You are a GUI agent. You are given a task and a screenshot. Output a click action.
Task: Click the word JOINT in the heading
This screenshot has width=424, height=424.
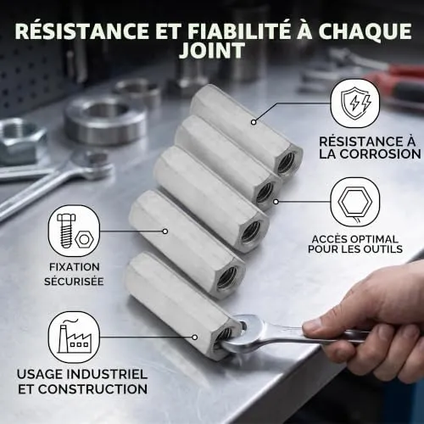click(x=212, y=51)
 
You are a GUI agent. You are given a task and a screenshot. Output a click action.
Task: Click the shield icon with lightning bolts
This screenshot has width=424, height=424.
click(x=355, y=103)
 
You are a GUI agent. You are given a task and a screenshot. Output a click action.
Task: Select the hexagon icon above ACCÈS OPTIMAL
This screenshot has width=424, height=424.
click(x=355, y=202)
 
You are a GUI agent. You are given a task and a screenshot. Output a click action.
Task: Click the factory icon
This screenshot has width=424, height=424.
click(x=74, y=337)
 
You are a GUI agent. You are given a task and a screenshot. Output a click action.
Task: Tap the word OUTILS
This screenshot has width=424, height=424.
click(x=384, y=249)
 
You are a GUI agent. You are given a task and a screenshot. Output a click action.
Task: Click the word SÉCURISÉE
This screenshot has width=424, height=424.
click(x=74, y=282)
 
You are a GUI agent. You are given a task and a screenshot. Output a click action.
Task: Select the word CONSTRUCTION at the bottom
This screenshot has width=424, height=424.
click(x=92, y=389)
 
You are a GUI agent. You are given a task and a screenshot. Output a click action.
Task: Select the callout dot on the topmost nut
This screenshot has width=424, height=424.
click(x=254, y=122)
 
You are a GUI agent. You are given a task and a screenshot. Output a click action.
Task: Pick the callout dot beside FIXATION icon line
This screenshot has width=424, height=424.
click(x=165, y=232)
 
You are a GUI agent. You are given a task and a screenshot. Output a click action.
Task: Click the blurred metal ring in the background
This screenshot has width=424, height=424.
click(x=105, y=119)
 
